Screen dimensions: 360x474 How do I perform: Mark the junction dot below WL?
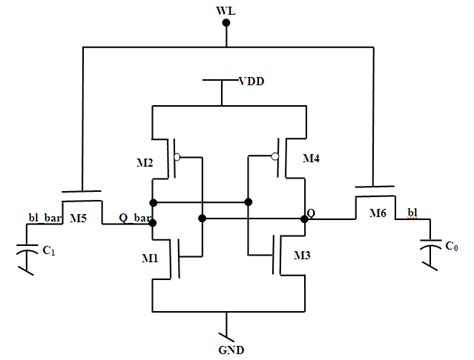click(227, 44)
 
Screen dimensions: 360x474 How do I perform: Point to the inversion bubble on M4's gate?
click(274, 156)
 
